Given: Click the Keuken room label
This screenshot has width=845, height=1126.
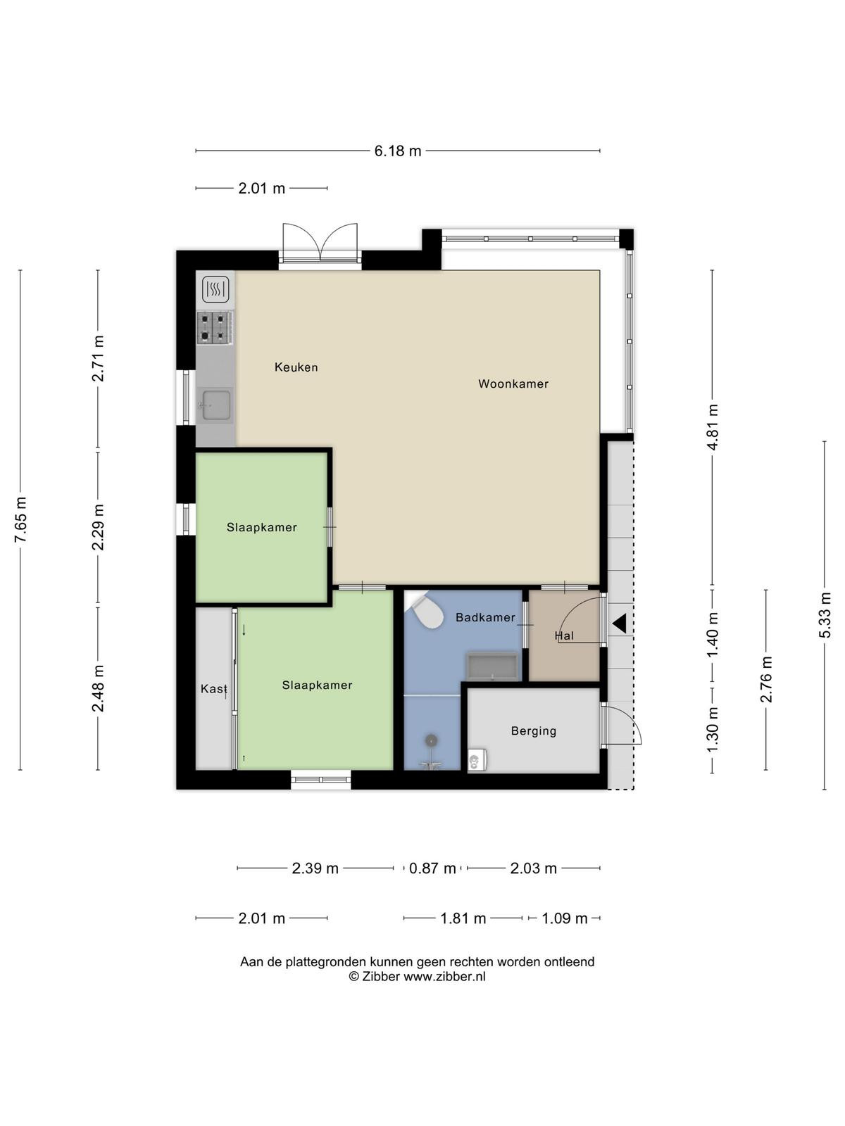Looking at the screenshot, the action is click(x=296, y=367).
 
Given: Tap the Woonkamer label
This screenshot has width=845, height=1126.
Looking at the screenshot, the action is click(x=513, y=384).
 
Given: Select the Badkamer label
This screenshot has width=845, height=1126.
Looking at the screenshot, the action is click(x=485, y=617).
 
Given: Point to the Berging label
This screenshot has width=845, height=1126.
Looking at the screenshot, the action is click(x=534, y=731).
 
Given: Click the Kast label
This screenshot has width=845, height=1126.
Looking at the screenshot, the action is click(x=214, y=688).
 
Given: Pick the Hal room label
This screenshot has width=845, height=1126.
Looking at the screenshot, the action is click(x=564, y=635).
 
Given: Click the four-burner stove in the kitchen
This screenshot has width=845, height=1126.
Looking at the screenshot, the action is click(x=215, y=328).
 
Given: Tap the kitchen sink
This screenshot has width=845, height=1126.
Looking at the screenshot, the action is click(x=215, y=405).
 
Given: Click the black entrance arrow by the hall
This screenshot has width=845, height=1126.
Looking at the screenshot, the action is click(x=619, y=624).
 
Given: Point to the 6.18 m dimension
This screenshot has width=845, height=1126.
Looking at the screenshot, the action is click(x=398, y=151).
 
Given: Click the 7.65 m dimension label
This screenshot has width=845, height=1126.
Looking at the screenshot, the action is click(x=20, y=519).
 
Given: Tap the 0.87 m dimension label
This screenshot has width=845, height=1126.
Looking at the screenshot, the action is click(x=432, y=868).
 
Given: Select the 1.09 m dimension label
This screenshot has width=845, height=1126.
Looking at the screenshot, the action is click(x=564, y=918).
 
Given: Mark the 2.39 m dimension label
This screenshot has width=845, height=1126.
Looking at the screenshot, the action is click(x=315, y=868).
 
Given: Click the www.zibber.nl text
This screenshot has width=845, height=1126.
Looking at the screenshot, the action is click(x=444, y=977).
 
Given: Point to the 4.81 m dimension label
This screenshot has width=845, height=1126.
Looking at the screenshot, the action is click(x=712, y=426).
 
